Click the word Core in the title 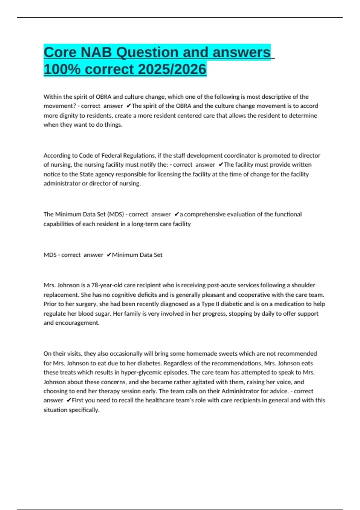click(60, 52)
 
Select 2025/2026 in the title click(172, 69)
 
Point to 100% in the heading click(62, 69)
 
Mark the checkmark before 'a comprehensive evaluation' click(176, 214)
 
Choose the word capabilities click(59, 224)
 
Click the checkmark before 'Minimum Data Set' click(109, 255)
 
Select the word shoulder click(303, 285)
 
